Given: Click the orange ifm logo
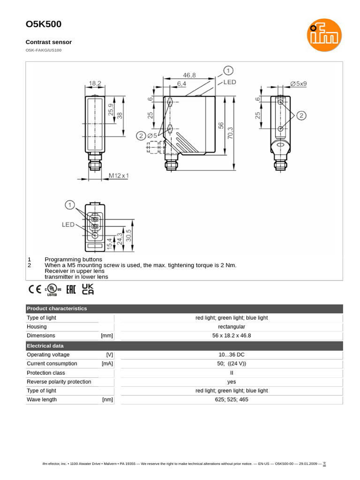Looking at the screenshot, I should pos(324,35).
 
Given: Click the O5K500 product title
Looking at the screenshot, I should pos(43,24).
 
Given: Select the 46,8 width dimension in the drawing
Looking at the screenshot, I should pos(189,75).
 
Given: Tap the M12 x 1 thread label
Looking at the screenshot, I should pos(119,176).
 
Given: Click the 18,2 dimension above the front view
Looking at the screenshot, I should pos(95,83).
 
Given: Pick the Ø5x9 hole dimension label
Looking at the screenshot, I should pos(298,83).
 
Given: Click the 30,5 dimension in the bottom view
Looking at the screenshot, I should pos(129,235).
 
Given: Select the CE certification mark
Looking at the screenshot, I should pos(35,289).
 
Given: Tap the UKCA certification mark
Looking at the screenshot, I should pos(88,289).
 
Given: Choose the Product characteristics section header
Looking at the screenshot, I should pos(57,308).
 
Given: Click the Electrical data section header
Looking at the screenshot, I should pos(45,346).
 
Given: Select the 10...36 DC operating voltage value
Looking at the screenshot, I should pos(231,355).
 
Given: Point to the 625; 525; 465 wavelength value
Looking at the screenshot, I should pos(231,399).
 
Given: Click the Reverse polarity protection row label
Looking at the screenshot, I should pos(59,382).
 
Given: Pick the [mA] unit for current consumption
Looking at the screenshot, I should pos(107,364).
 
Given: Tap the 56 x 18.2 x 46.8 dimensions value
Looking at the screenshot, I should pos(231,336).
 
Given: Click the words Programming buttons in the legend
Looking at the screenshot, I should pos(73,259).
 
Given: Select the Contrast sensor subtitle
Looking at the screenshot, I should pos(49,42).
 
